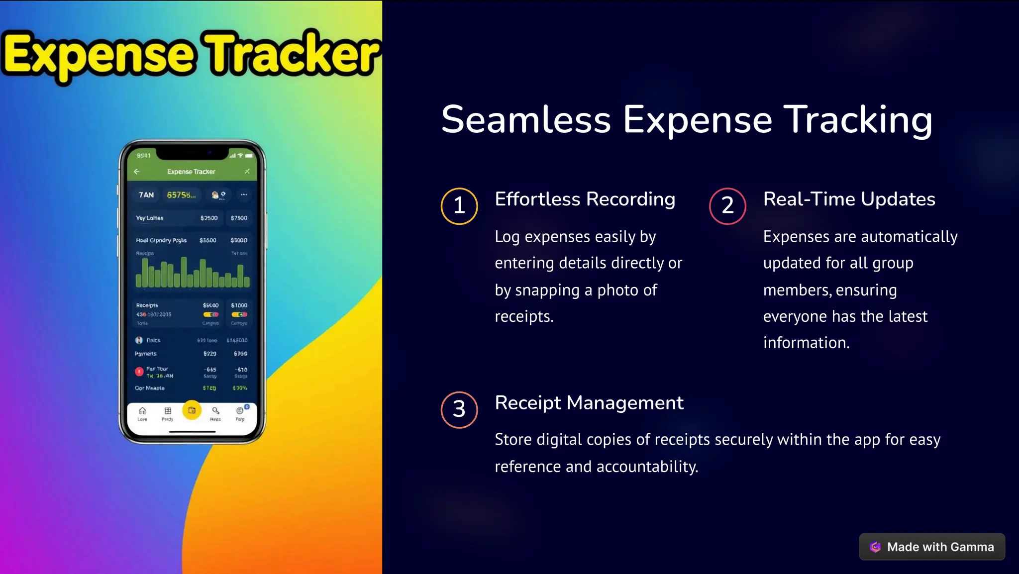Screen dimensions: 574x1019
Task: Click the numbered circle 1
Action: coord(459,206)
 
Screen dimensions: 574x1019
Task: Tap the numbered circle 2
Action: coord(727,206)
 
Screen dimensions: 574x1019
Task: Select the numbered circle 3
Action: coord(459,409)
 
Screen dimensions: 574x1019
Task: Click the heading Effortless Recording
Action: coord(585,199)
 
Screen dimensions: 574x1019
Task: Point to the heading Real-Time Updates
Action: coord(849,199)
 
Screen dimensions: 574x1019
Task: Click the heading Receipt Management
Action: coord(589,402)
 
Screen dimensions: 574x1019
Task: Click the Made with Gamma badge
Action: coord(931,547)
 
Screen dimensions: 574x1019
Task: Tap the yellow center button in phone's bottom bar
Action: coord(192,410)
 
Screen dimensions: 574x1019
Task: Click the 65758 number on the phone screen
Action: coord(180,195)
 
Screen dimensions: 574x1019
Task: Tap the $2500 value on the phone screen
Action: coord(208,218)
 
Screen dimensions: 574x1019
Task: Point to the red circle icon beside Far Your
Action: coord(139,372)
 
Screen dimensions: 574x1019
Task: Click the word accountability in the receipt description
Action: coord(647,467)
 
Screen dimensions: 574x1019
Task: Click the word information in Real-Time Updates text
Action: coord(806,343)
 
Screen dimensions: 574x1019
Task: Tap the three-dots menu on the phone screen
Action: coord(244,194)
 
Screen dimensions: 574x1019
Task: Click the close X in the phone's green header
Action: coord(247,172)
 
